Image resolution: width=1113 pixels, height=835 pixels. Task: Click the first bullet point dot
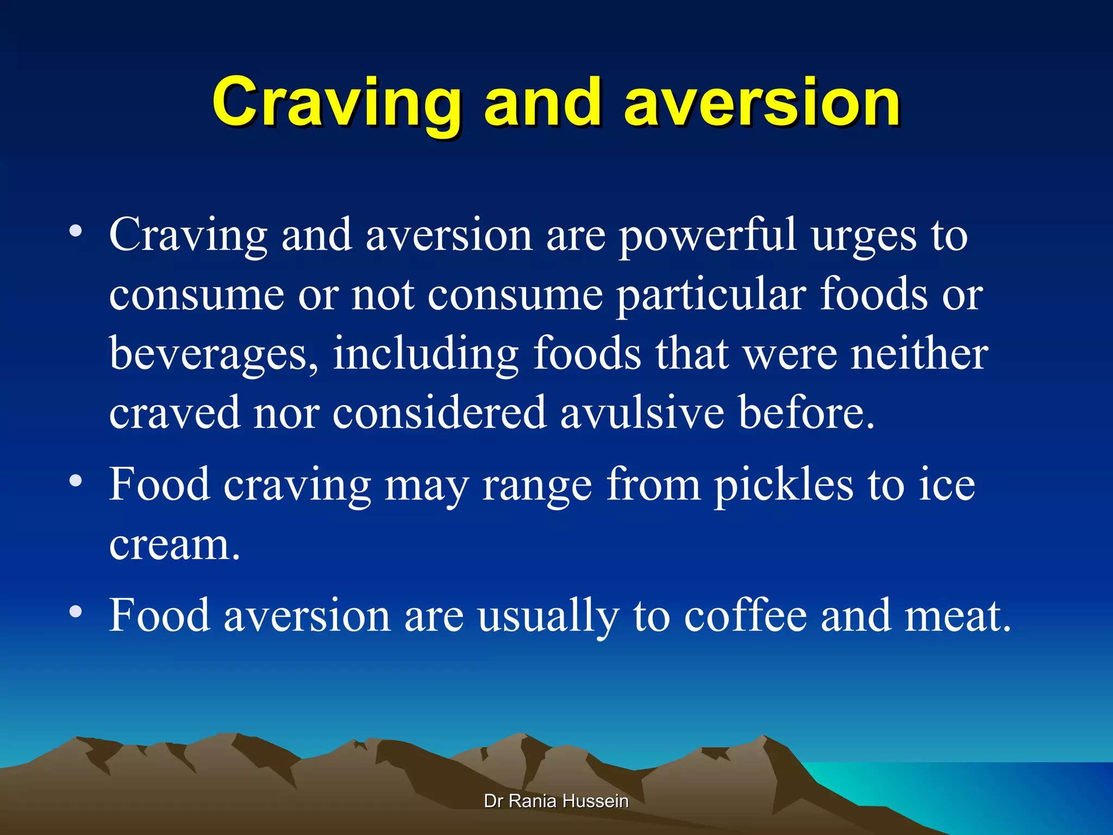point(76,232)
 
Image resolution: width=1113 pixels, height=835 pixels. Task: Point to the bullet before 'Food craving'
point(76,481)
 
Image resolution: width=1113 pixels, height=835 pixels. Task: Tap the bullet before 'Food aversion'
point(76,612)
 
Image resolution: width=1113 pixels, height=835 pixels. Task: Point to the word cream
point(173,545)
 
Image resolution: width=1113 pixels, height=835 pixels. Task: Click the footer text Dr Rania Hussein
point(556,801)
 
